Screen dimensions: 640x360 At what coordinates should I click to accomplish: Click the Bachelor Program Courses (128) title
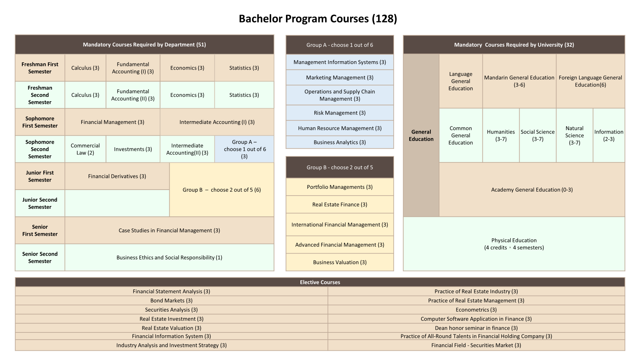tap(318, 18)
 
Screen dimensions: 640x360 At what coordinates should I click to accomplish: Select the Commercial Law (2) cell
tap(85, 149)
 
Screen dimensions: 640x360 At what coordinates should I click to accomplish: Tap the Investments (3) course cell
tap(133, 149)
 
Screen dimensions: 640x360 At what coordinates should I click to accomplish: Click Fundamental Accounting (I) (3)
tap(133, 68)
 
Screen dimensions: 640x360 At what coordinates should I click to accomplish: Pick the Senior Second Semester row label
tap(40, 258)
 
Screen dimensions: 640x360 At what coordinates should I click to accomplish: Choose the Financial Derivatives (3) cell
tap(117, 176)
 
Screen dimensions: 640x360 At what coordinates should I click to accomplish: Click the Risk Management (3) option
tap(340, 113)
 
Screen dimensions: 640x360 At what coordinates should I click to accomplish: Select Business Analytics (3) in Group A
tap(340, 142)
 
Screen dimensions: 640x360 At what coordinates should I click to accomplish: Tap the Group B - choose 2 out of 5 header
tap(340, 168)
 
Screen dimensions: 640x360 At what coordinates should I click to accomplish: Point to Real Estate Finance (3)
tap(340, 204)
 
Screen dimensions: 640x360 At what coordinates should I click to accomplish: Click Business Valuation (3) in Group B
tap(340, 262)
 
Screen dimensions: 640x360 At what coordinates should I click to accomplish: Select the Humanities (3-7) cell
tap(501, 136)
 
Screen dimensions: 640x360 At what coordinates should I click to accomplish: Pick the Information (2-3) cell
tap(609, 136)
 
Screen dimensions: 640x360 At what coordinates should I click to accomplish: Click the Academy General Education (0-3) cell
tap(532, 190)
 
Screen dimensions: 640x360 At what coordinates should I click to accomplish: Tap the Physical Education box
tap(514, 244)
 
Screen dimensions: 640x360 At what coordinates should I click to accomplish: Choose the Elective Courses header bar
tap(320, 282)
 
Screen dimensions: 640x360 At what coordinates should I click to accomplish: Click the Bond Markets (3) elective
tap(172, 300)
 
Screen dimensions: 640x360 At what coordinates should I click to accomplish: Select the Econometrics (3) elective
tap(476, 310)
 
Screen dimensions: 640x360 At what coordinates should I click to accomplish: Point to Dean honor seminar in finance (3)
tap(476, 328)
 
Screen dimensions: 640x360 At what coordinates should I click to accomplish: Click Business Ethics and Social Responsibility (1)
tap(169, 258)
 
